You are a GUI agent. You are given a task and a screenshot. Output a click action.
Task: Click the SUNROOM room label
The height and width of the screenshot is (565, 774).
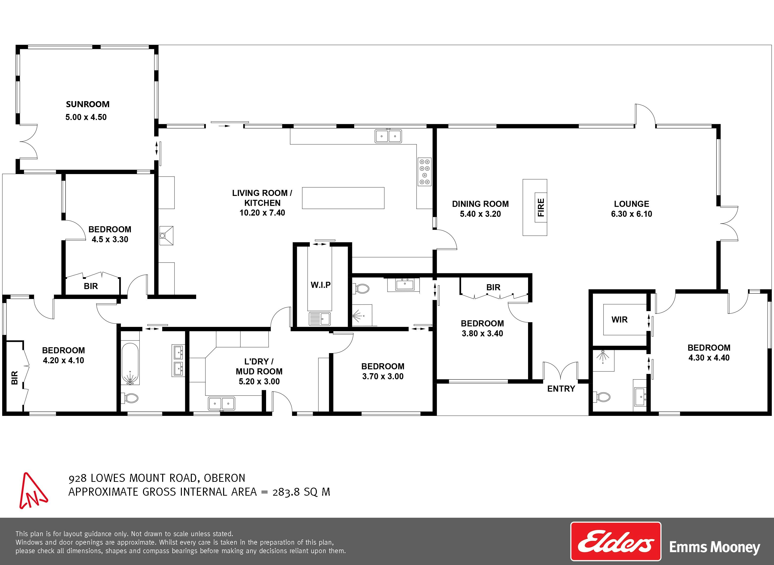(88, 104)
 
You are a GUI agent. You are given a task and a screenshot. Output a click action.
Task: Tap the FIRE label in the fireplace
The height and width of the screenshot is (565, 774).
(541, 208)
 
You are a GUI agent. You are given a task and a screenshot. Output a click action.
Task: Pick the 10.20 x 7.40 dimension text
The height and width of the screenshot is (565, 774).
(262, 213)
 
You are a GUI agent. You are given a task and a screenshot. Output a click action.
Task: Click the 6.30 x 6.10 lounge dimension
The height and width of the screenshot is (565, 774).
(631, 214)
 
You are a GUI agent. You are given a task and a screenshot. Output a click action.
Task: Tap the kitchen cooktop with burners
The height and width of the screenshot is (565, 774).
(424, 172)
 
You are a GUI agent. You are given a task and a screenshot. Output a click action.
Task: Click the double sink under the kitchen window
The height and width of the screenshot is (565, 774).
(388, 136)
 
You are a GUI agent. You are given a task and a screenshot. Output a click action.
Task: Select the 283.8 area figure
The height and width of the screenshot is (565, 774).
(286, 492)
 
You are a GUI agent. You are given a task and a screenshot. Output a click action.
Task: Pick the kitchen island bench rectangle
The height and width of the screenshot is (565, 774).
(343, 198)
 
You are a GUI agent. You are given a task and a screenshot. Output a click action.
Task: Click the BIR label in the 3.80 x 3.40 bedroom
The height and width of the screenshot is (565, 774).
(493, 288)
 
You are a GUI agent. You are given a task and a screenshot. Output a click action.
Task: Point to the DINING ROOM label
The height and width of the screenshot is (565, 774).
(480, 204)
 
